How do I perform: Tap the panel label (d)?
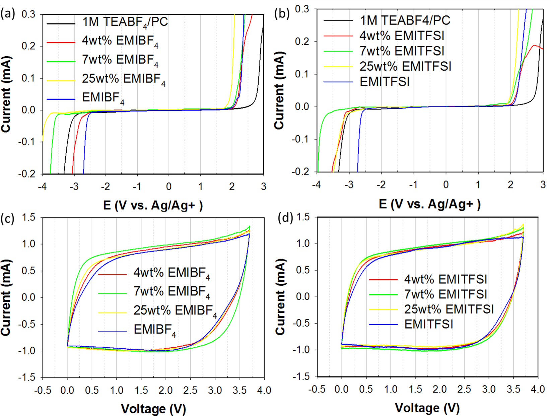tap(285, 218)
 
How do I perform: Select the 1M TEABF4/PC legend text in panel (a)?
tap(125, 22)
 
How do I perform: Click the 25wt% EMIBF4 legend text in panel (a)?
tap(124, 79)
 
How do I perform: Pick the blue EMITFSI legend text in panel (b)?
tap(385, 82)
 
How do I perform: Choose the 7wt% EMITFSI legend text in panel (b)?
tap(402, 51)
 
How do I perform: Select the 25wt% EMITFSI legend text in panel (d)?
tap(449, 309)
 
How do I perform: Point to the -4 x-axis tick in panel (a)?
tap(42, 187)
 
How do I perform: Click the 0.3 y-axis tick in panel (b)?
tap(302, 9)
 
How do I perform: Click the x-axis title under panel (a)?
tap(153, 205)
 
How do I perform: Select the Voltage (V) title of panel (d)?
tap(427, 408)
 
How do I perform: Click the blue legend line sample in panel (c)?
tap(112, 332)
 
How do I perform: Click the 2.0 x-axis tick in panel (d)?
tap(440, 389)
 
